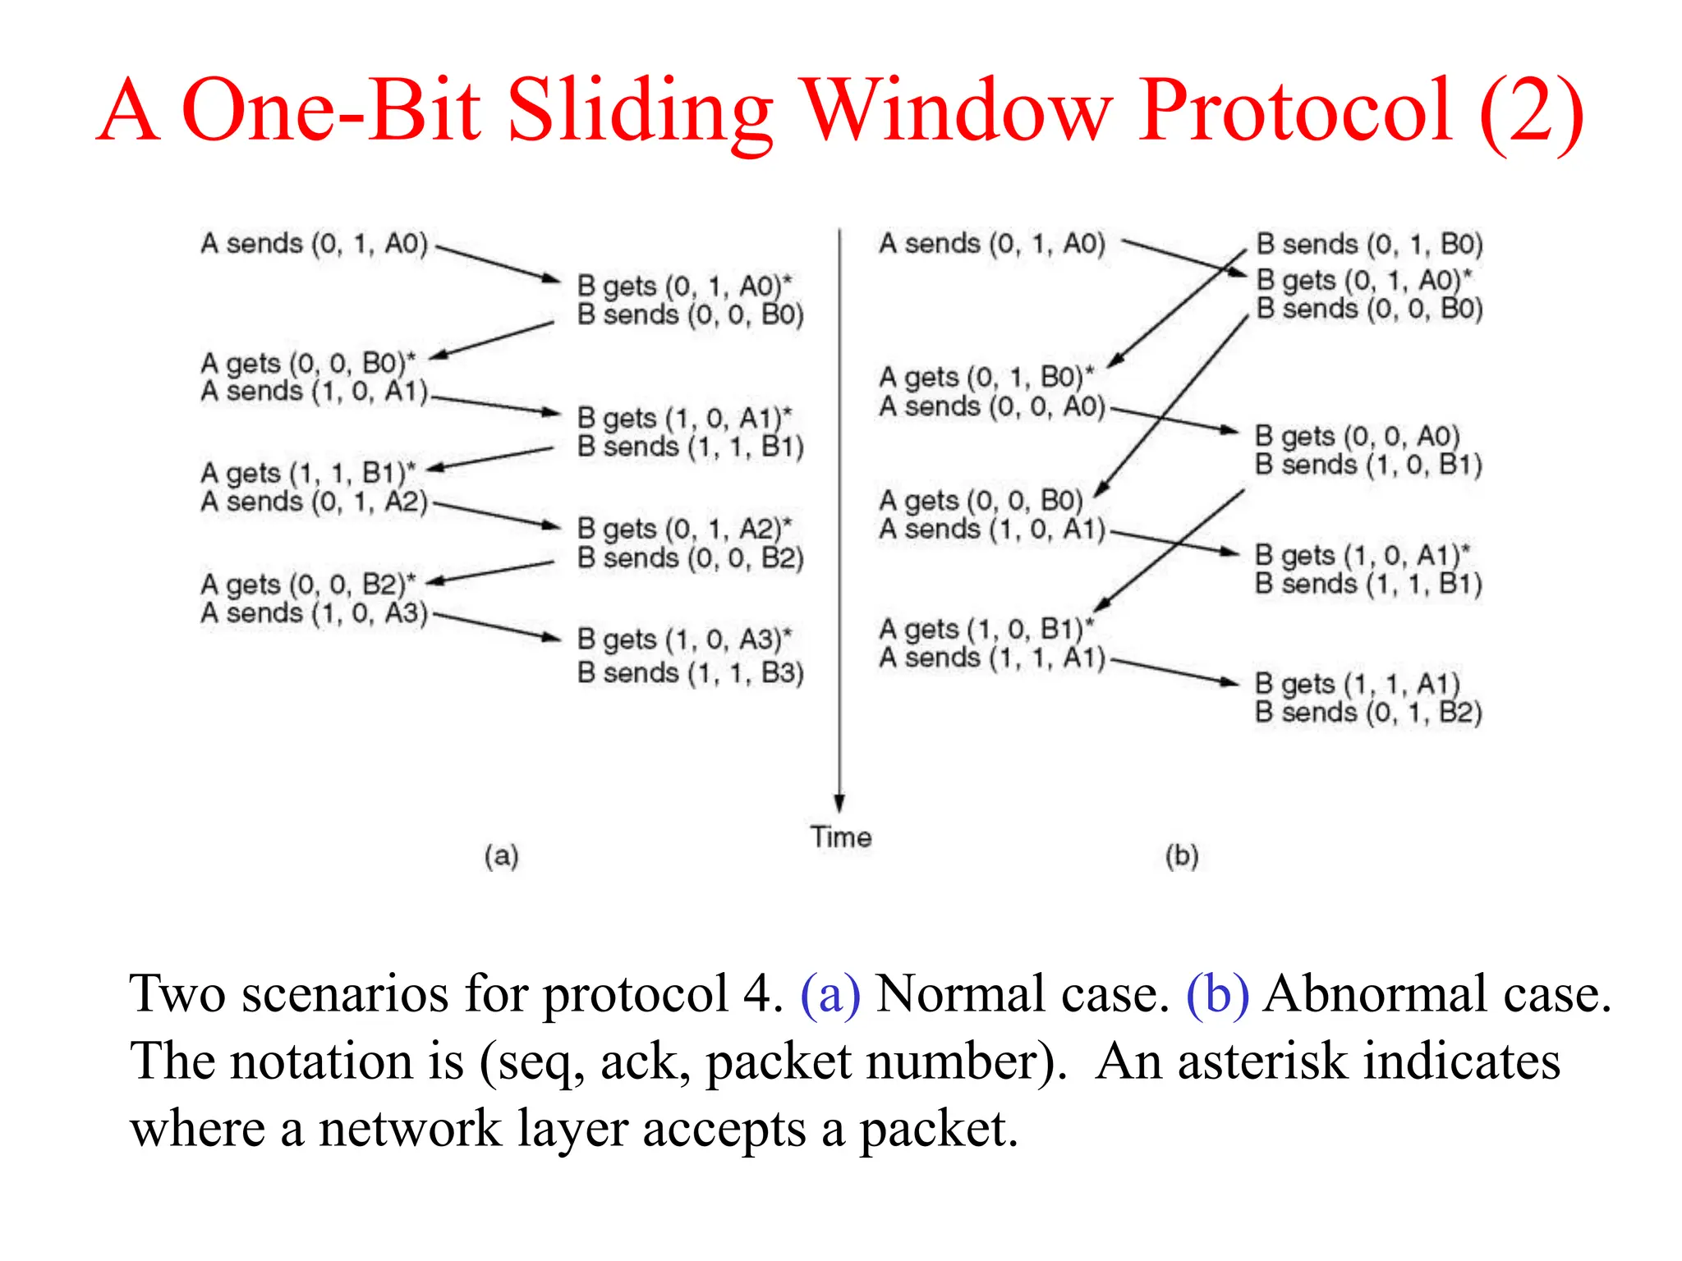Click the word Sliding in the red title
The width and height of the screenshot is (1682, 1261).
point(640,111)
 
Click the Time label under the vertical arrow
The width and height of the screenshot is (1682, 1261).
point(840,837)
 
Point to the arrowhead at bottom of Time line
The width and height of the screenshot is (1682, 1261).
point(839,802)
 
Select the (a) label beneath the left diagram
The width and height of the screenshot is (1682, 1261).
point(501,855)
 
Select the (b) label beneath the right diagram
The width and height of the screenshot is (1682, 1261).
point(1182,855)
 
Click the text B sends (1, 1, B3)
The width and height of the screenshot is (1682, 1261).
point(690,673)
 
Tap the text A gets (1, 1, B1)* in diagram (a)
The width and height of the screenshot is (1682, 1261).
point(308,473)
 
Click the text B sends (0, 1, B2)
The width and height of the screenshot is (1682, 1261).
point(1368,712)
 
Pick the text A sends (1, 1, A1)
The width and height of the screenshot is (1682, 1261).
point(992,658)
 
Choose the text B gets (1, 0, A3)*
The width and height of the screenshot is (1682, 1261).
point(684,639)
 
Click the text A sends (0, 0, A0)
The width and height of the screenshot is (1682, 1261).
point(992,406)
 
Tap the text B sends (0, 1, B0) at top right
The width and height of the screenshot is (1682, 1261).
point(1369,244)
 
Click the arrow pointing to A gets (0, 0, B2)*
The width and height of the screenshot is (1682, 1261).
point(491,572)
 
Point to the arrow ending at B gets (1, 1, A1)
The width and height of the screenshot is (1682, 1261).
point(1174,671)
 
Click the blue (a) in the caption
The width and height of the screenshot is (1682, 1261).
point(830,993)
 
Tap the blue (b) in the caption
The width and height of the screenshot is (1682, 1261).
point(1217,993)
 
